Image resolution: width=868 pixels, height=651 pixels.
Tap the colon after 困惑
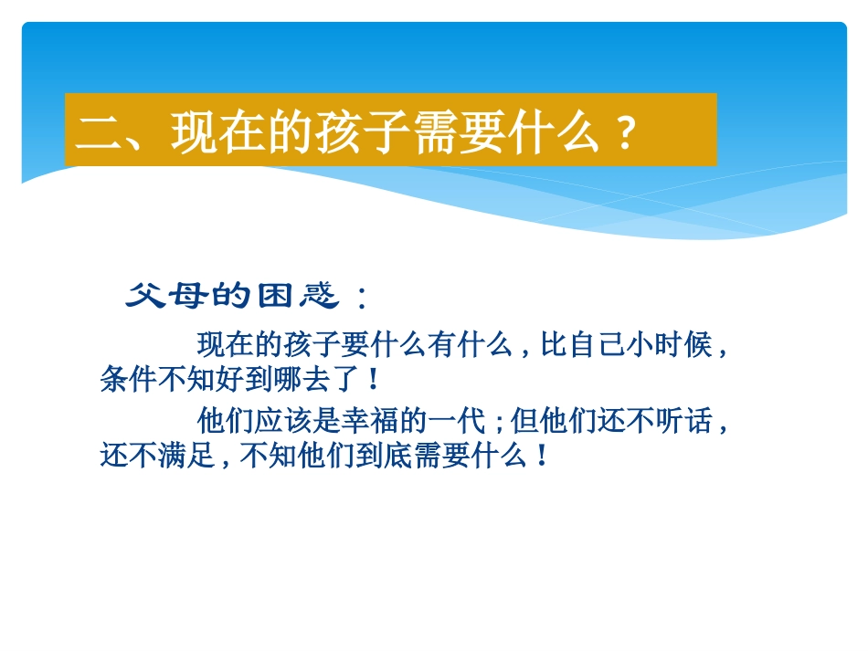[x=362, y=298]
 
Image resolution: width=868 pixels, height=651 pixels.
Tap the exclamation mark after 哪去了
[x=373, y=378]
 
